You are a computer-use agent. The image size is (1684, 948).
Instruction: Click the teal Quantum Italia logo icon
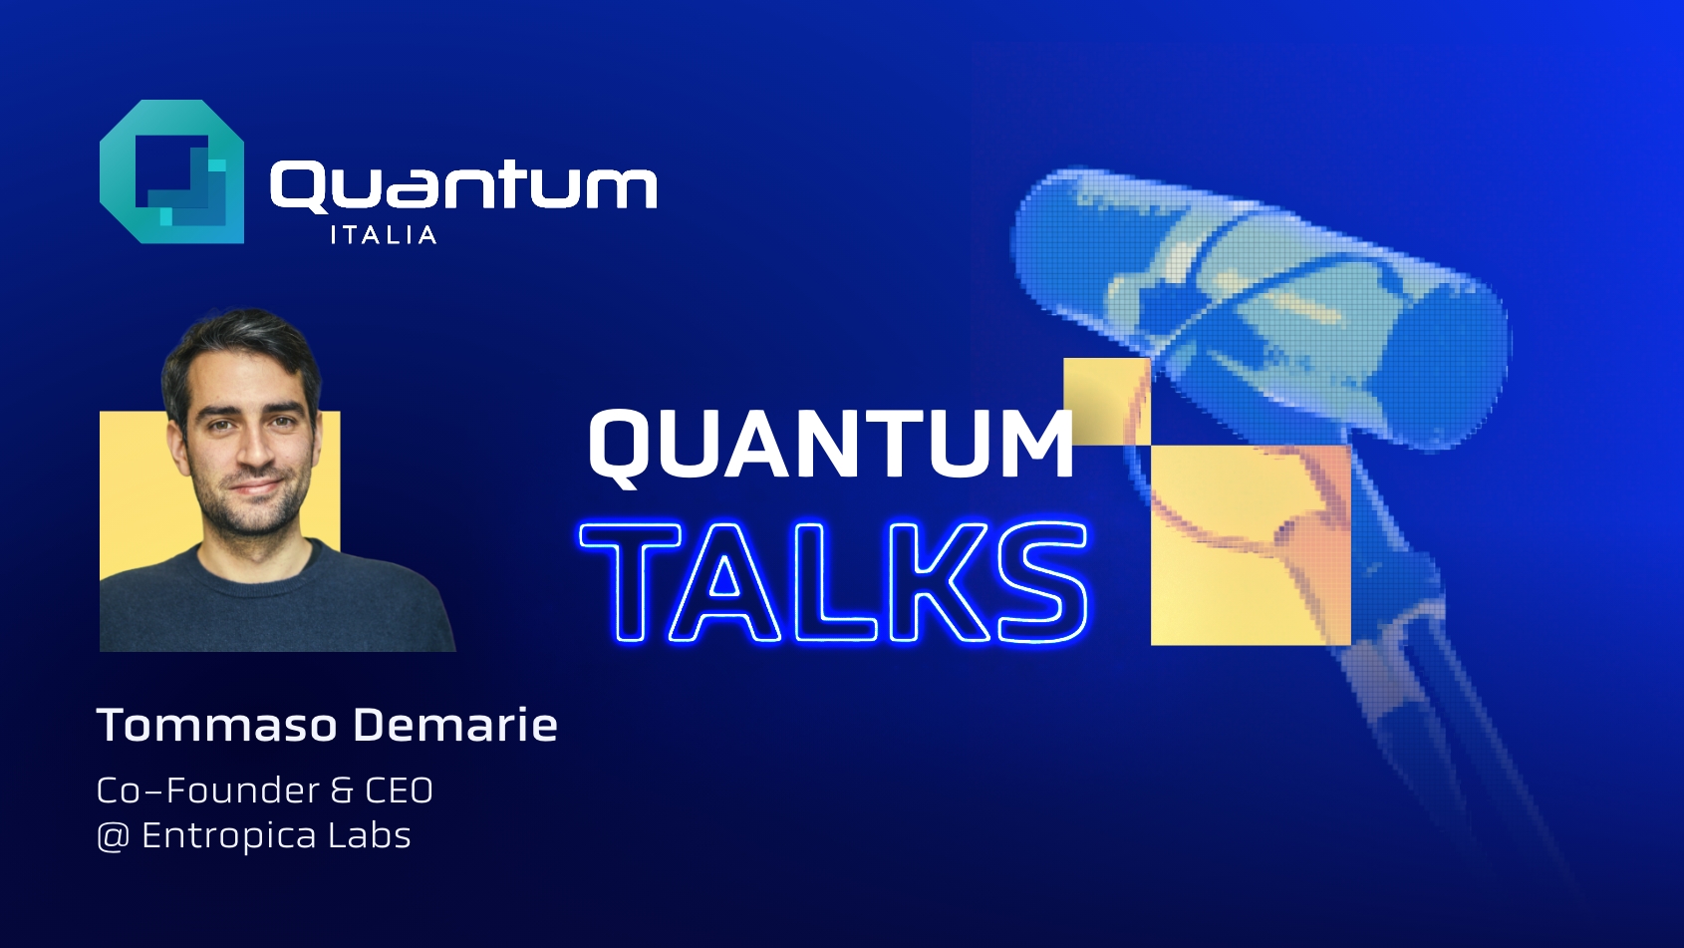point(171,171)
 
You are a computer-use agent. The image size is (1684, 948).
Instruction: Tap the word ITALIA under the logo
point(384,235)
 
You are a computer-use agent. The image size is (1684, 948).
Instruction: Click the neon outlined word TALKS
point(834,582)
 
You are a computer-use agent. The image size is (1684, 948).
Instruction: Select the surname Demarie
point(455,726)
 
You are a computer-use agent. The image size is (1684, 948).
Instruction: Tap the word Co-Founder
point(207,790)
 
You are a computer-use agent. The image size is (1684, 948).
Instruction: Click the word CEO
point(400,790)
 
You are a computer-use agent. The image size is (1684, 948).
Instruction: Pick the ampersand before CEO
point(342,790)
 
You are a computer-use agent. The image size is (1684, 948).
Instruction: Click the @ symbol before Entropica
point(113,836)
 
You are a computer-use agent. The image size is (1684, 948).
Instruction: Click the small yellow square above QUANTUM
point(1107,402)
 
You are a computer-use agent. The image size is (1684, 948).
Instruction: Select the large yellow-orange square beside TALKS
point(1251,544)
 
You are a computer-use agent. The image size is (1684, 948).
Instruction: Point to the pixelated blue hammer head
point(1263,301)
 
